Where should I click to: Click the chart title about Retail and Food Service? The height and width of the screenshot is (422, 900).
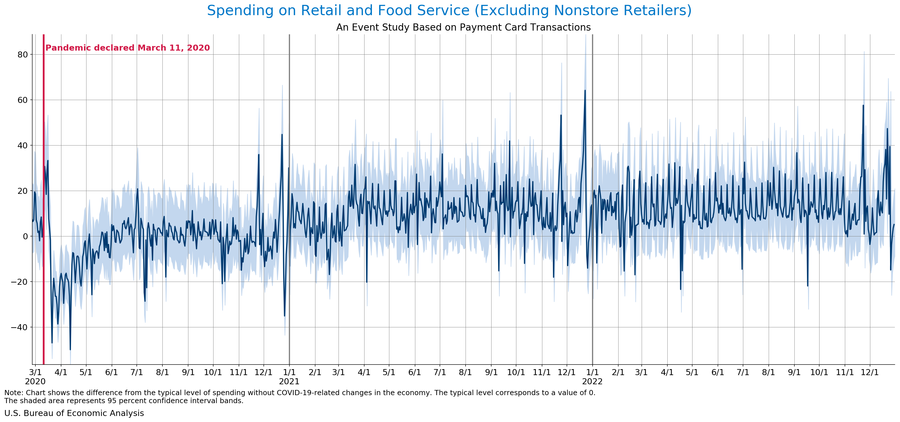[449, 11]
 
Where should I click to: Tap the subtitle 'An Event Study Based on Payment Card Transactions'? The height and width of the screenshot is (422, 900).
[463, 27]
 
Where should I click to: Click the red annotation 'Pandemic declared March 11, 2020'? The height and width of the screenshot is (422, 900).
[128, 48]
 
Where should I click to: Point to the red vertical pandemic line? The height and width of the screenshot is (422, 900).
[44, 210]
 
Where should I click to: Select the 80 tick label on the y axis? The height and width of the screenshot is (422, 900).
[23, 55]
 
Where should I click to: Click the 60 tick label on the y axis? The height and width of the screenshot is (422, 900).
[23, 100]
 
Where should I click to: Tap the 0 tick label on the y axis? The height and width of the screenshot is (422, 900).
[25, 236]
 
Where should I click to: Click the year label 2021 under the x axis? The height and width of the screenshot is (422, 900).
[289, 382]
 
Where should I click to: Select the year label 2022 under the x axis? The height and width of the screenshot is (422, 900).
[592, 382]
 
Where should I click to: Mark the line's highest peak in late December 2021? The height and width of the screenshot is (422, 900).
[585, 91]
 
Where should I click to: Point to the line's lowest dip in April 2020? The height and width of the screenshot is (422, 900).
[70, 349]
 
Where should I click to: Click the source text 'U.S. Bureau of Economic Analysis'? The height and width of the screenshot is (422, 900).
[74, 413]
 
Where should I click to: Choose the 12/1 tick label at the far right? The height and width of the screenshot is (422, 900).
[870, 372]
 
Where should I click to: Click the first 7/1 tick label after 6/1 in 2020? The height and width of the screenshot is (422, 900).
[137, 372]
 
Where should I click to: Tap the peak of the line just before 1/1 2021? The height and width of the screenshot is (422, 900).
[282, 134]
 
